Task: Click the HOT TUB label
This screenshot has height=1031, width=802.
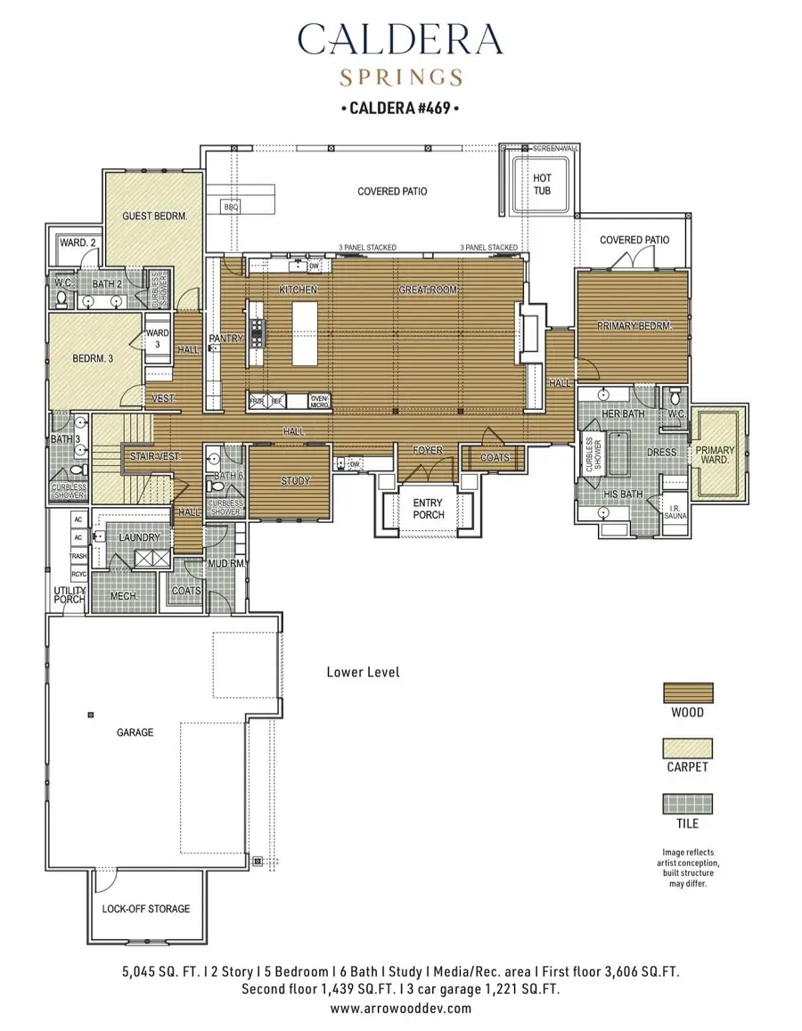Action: click(x=542, y=184)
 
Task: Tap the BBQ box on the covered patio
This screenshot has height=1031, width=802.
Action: click(x=232, y=207)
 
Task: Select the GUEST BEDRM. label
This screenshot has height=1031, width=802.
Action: click(x=155, y=216)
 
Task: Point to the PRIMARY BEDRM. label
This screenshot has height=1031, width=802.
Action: click(x=634, y=326)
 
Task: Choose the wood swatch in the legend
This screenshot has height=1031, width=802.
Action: click(x=687, y=692)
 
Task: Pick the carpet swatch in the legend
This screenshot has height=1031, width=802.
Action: click(x=687, y=748)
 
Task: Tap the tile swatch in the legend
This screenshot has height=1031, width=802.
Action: click(x=687, y=804)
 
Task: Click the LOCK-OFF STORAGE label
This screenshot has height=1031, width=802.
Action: click(x=146, y=909)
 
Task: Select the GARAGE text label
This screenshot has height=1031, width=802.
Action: click(x=135, y=732)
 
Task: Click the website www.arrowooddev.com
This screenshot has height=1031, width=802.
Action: click(x=400, y=1009)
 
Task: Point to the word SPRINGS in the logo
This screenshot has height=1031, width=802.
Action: click(x=400, y=77)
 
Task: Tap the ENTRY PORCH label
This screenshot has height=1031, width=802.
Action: click(x=428, y=509)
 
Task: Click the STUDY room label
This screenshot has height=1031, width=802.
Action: click(x=296, y=481)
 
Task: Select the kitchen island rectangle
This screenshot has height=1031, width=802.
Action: click(x=306, y=331)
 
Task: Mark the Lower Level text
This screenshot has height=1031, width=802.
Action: click(x=363, y=672)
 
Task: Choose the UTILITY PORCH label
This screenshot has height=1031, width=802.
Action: click(x=70, y=595)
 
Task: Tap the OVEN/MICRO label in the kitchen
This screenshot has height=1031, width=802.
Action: click(x=319, y=401)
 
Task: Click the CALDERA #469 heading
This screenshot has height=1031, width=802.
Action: click(x=400, y=110)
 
